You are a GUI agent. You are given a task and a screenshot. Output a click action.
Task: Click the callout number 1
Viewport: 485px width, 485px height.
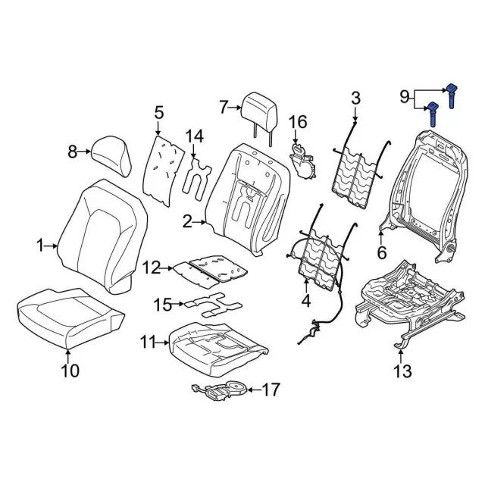point(40,245)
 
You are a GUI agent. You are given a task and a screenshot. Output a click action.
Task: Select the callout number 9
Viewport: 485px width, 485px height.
point(404,96)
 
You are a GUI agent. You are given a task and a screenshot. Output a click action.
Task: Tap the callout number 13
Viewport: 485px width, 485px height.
point(402,371)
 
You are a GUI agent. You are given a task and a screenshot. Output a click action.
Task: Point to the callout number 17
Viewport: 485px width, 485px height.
point(271,390)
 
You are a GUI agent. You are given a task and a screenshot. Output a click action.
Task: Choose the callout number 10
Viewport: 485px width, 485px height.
point(69,371)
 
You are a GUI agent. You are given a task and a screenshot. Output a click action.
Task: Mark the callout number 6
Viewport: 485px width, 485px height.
point(381,252)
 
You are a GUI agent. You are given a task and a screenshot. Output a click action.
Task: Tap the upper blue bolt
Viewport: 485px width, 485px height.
point(451,93)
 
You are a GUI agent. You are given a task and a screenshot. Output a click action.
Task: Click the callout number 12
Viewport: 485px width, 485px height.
point(152,267)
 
